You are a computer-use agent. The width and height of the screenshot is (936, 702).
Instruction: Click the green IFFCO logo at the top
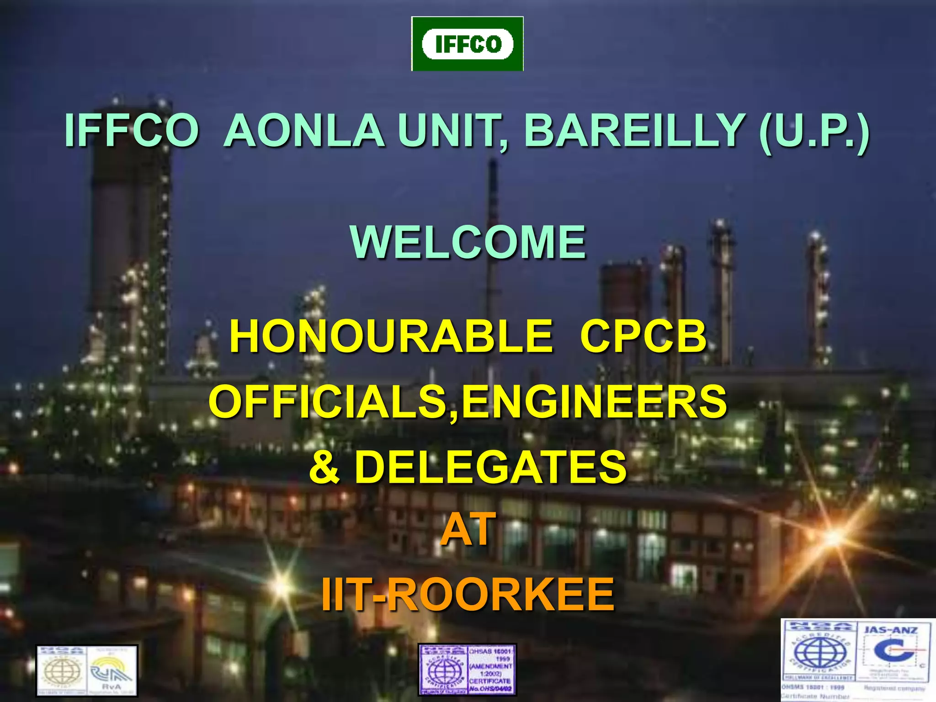pos(467,44)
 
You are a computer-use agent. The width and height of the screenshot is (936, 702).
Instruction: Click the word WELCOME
pos(468,242)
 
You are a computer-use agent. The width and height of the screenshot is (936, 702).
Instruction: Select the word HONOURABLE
pos(391,336)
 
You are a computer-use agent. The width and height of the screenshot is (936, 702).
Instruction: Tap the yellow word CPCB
pos(643,336)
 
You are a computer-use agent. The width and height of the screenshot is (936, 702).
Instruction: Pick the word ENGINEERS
pos(594,402)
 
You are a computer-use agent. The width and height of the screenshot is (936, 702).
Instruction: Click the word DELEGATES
pos(490,467)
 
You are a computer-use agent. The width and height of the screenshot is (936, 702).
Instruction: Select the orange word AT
pos(468,529)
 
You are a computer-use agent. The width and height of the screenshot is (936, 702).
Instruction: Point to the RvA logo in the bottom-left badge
pos(112,671)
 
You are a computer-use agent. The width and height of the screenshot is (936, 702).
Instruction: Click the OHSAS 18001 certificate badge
pos(467,669)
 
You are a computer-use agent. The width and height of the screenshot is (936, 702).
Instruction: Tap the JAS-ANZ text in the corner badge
pos(891,631)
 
